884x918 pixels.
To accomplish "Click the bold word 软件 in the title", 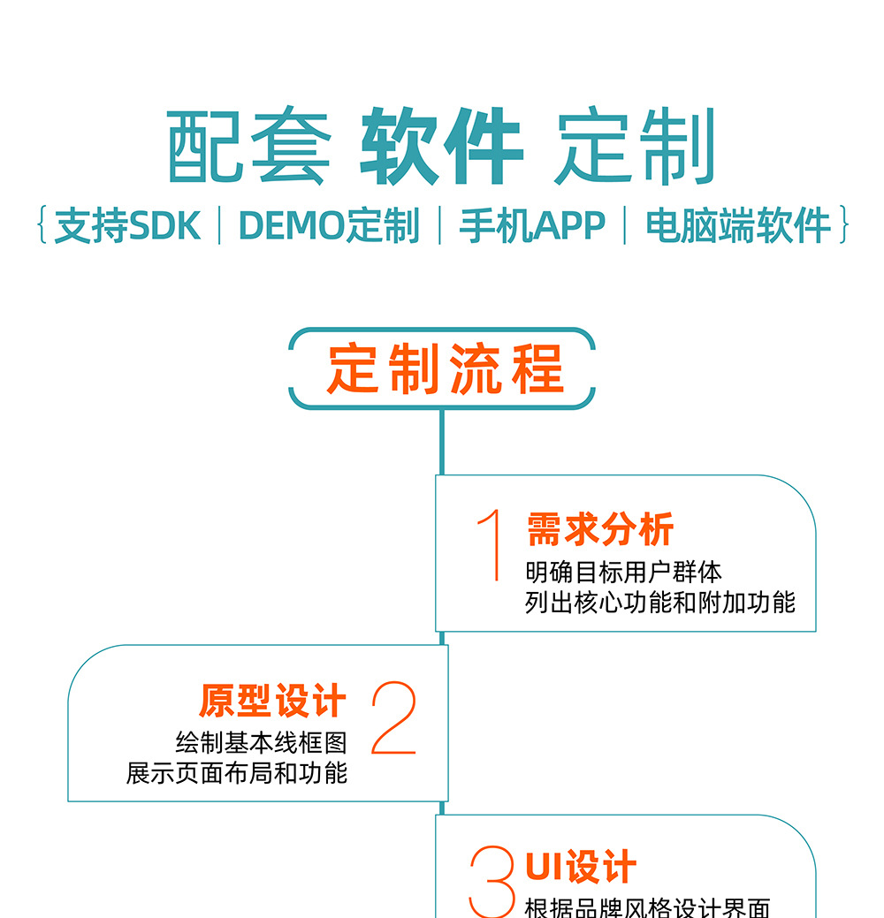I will [441, 147].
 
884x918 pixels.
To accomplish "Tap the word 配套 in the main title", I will [249, 147].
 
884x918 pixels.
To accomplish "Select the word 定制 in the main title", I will [634, 147].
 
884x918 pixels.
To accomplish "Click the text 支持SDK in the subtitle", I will [128, 226].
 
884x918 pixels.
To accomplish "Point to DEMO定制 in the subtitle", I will [329, 226].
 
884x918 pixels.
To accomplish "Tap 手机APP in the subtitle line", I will [532, 226].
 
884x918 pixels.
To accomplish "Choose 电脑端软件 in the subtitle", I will [739, 226].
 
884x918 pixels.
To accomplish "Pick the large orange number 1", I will [491, 545].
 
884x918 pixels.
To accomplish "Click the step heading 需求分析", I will [600, 530].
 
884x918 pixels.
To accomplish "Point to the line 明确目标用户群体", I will [623, 572].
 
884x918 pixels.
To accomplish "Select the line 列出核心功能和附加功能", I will [660, 603].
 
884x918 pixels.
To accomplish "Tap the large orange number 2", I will [393, 719].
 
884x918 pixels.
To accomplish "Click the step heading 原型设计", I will [272, 702].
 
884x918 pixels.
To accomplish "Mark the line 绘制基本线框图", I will [261, 742].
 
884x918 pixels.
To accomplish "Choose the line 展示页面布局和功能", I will [237, 773].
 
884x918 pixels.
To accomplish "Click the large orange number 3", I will [492, 881].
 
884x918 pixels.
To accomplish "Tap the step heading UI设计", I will [581, 867].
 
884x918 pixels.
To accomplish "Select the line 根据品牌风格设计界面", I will [647, 907].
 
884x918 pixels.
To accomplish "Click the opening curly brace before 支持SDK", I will [42, 225].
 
